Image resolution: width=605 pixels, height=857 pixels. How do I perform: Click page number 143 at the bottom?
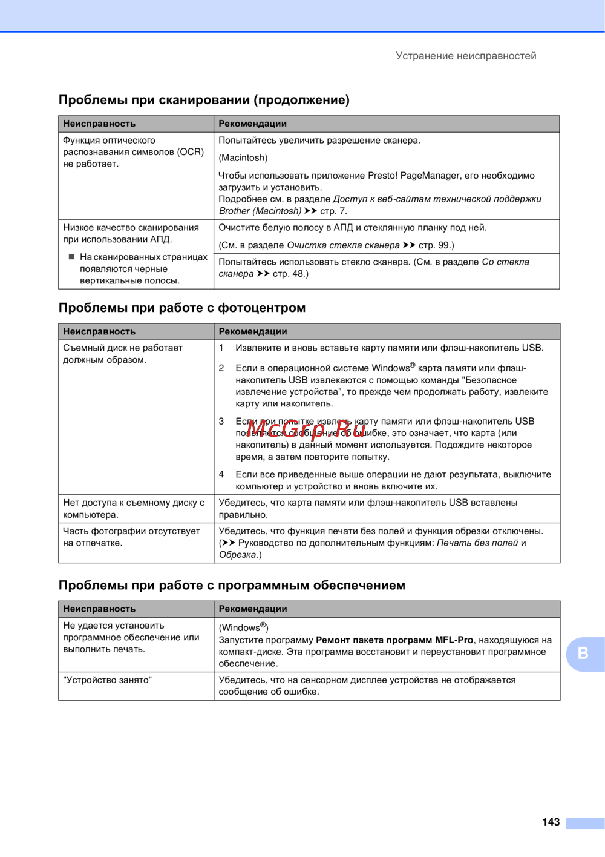(551, 822)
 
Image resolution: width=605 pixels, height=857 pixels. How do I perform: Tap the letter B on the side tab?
(583, 653)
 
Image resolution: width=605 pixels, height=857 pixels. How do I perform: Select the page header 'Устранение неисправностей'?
(466, 56)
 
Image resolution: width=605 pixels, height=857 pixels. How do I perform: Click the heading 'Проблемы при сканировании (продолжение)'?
(204, 100)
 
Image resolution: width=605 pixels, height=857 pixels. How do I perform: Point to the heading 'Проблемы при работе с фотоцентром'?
(182, 308)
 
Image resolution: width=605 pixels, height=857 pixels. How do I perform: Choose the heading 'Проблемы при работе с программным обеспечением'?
(232, 585)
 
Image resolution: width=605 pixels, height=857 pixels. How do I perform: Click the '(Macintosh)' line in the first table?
(243, 158)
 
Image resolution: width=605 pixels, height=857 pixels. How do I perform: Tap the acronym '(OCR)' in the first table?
(191, 152)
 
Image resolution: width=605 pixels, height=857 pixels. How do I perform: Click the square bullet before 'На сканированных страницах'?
(71, 257)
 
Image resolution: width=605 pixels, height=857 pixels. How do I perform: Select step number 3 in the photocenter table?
(221, 421)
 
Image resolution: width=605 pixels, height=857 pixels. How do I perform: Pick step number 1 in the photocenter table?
(221, 348)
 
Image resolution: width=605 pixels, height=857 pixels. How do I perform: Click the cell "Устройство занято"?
(107, 680)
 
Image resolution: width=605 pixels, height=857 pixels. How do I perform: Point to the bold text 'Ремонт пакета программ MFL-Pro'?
(394, 640)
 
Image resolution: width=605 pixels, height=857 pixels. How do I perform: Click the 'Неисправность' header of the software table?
(99, 609)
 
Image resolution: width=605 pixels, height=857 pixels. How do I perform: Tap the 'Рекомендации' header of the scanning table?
(252, 124)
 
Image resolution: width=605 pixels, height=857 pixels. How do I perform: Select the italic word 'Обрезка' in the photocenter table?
(238, 555)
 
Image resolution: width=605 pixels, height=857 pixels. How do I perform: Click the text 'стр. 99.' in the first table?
(436, 245)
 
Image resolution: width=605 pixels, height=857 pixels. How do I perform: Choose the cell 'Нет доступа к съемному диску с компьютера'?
(134, 509)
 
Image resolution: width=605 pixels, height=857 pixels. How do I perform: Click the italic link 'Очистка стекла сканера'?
(343, 245)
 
